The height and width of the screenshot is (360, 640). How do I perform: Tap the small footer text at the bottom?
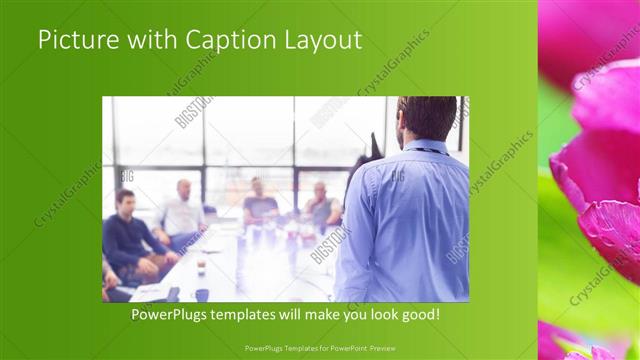(x=319, y=347)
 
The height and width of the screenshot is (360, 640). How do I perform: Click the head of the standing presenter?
(x=411, y=118)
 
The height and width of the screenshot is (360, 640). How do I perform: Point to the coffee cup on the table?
(x=201, y=264)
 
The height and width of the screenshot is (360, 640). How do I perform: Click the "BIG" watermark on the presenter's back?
(x=397, y=176)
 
